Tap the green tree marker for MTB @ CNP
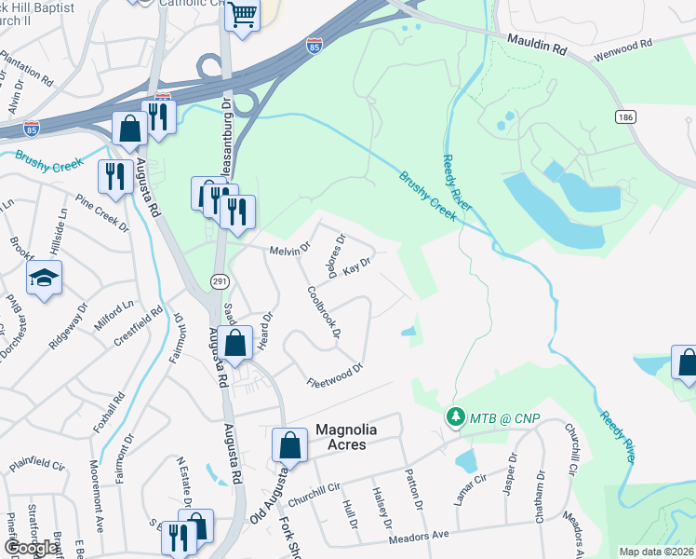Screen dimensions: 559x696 (x=454, y=416)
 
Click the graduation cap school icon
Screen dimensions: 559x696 (x=44, y=278)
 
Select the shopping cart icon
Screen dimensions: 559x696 (x=242, y=14)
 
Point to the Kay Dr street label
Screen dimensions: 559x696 (x=357, y=268)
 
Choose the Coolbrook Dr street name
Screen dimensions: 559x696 (x=325, y=311)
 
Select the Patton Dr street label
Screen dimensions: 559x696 (x=415, y=488)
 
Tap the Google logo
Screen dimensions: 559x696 (x=32, y=547)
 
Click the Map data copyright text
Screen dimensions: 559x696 (x=656, y=552)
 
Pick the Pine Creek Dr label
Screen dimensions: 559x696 (x=99, y=215)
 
